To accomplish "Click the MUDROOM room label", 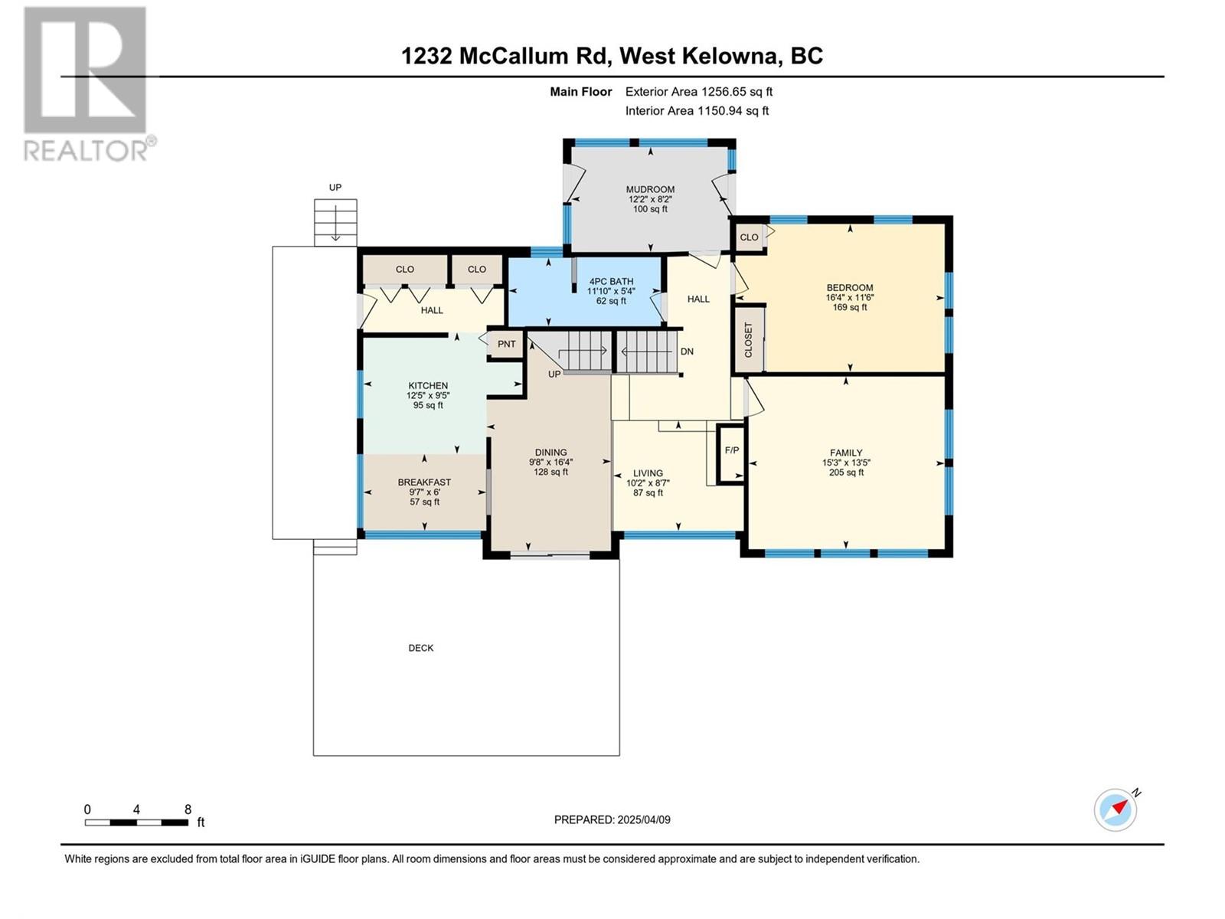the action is click(649, 189).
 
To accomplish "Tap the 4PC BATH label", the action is click(611, 281).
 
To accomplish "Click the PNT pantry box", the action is click(506, 344).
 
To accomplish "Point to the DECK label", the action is click(421, 648).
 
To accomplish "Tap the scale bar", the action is click(137, 823).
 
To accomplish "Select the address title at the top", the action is click(612, 56).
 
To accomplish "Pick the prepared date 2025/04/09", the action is click(612, 819).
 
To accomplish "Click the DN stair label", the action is click(687, 352).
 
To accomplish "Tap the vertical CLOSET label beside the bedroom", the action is click(748, 340).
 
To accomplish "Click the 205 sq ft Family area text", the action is click(846, 473).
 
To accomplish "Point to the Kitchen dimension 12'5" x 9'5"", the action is click(428, 395).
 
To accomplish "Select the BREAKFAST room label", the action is click(424, 482).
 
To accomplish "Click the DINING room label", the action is click(550, 453).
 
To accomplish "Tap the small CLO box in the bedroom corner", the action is click(749, 237).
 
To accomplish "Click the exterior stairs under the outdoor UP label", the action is click(335, 223).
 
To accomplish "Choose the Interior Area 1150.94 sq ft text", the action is click(697, 111).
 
